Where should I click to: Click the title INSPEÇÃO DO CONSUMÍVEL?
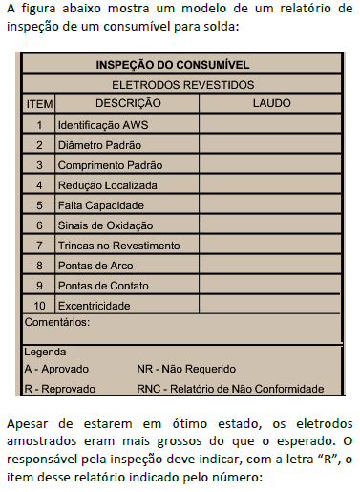pos(180,66)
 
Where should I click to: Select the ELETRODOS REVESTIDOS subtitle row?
pos(180,84)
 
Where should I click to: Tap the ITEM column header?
pos(39,103)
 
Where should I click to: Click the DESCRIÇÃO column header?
pos(128,103)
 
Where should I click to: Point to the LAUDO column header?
pos(270,103)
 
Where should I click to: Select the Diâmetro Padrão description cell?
pos(99,145)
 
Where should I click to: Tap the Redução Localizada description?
pos(107,185)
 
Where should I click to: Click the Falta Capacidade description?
pos(100,205)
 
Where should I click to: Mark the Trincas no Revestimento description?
pos(118,246)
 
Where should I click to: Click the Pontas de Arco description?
pos(96,265)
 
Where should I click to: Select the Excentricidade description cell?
pos(94,306)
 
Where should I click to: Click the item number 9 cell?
pos(39,286)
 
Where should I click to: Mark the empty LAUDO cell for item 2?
pos(270,145)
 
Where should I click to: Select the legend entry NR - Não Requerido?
pos(186,369)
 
